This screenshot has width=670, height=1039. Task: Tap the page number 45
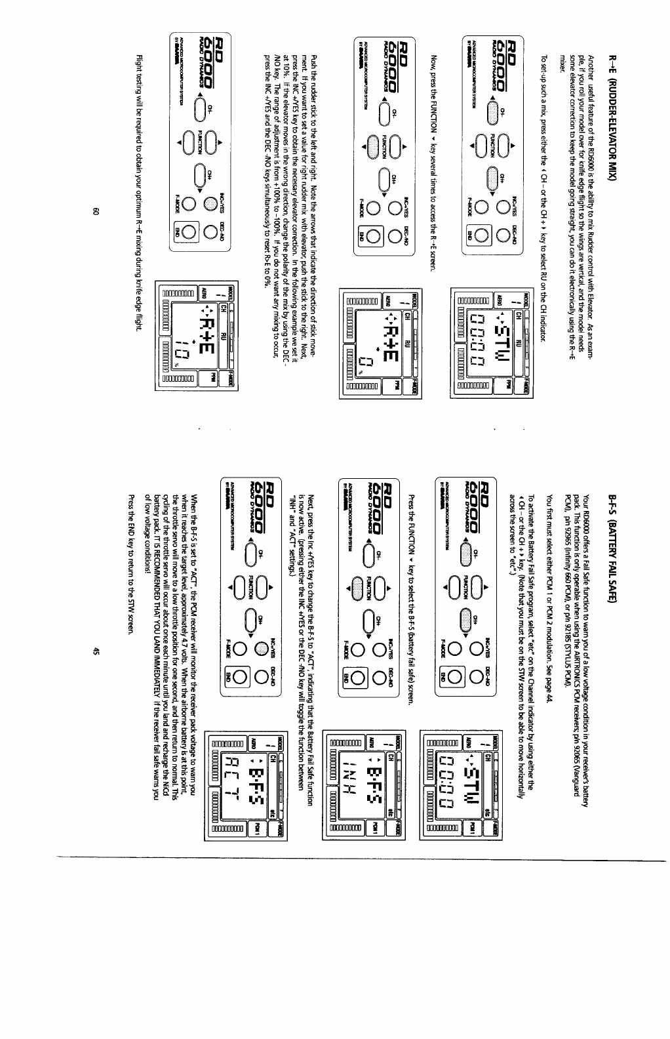pos(96,650)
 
